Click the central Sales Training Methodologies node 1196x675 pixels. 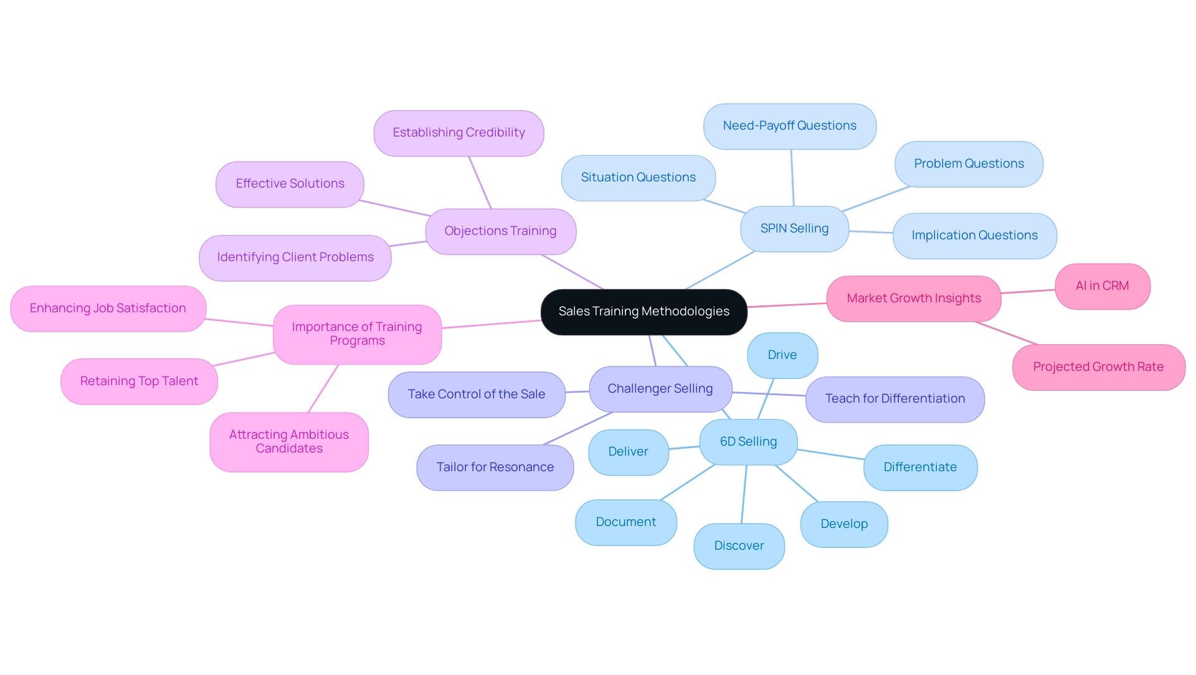coord(643,312)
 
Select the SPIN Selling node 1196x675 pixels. coord(794,229)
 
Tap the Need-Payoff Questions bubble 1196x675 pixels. coord(789,126)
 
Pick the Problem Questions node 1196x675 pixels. coord(969,164)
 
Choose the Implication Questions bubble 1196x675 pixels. coord(974,236)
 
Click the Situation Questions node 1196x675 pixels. coord(638,178)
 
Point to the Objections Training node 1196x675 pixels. coord(500,231)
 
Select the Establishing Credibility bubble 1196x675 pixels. coord(458,133)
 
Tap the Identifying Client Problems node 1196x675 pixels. coord(295,257)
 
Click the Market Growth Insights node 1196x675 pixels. coord(913,299)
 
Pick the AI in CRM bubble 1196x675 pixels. coord(1102,286)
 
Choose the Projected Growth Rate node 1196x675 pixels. coord(1098,367)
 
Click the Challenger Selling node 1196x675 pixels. coord(660,389)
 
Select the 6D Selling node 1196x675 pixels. coord(748,442)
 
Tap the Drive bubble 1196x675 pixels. coord(782,355)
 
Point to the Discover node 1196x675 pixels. coord(739,546)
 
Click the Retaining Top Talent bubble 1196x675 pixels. coord(139,381)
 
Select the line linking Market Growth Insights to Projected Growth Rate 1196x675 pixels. coord(1007,333)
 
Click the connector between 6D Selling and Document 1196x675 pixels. coord(687,482)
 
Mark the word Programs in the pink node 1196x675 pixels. coord(357,341)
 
